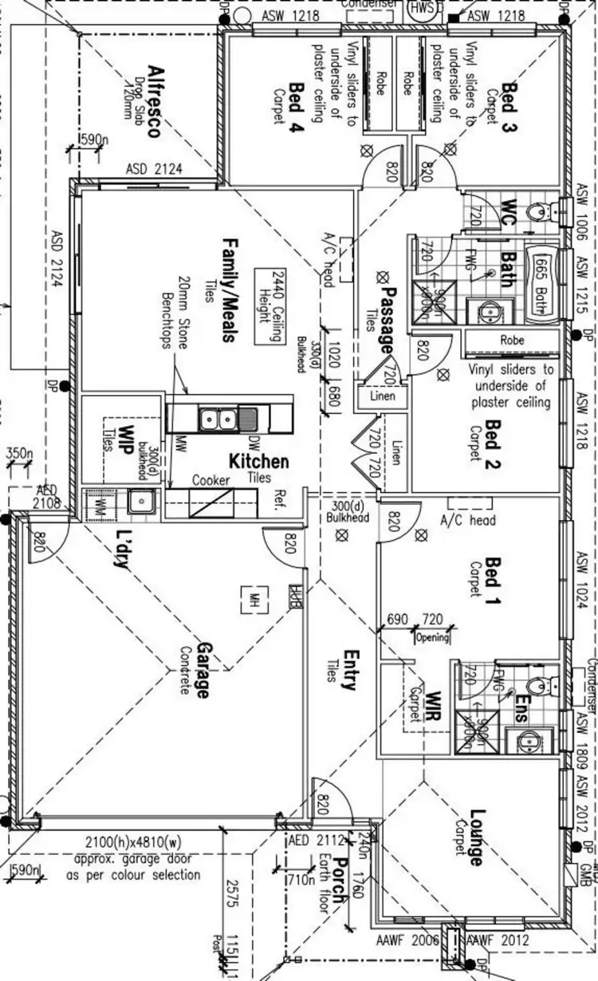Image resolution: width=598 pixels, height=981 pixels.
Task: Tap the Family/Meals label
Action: point(229,290)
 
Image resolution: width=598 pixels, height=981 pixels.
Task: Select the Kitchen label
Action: point(259,462)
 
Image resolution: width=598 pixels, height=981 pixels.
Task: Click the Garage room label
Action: point(203,670)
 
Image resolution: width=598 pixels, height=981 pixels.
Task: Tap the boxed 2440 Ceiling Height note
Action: point(268,305)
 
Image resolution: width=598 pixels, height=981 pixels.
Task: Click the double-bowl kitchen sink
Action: point(217,418)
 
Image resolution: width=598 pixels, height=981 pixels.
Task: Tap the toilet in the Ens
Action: point(541,684)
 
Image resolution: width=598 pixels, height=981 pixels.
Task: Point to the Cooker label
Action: point(211,481)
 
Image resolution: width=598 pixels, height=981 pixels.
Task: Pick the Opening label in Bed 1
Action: point(433,637)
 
